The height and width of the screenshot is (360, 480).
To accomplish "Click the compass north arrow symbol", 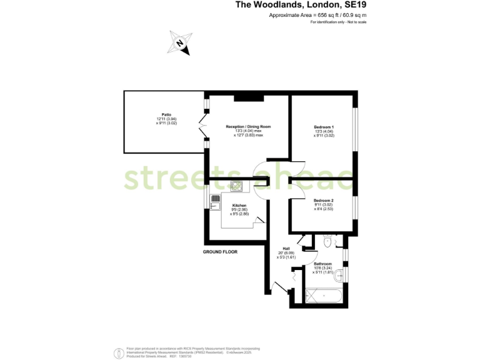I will (x=181, y=42).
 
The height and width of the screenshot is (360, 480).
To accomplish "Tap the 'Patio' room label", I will (x=166, y=114).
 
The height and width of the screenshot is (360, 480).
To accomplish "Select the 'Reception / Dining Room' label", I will (x=248, y=127).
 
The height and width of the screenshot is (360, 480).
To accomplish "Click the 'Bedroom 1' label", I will (x=324, y=127).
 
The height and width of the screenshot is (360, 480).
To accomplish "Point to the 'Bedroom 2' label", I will (x=324, y=201).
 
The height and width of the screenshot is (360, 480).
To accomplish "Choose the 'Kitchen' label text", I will (x=239, y=206).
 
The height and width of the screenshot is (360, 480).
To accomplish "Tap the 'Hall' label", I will (x=286, y=248).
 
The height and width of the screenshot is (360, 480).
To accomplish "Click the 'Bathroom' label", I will (x=322, y=264).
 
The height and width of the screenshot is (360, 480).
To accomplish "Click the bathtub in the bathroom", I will (x=324, y=296).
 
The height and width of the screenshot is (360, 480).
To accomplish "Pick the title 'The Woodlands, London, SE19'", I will (x=301, y=5).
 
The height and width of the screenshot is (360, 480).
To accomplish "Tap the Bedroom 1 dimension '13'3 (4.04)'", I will (x=324, y=131).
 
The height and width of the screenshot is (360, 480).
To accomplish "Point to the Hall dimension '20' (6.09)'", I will (x=286, y=252).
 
